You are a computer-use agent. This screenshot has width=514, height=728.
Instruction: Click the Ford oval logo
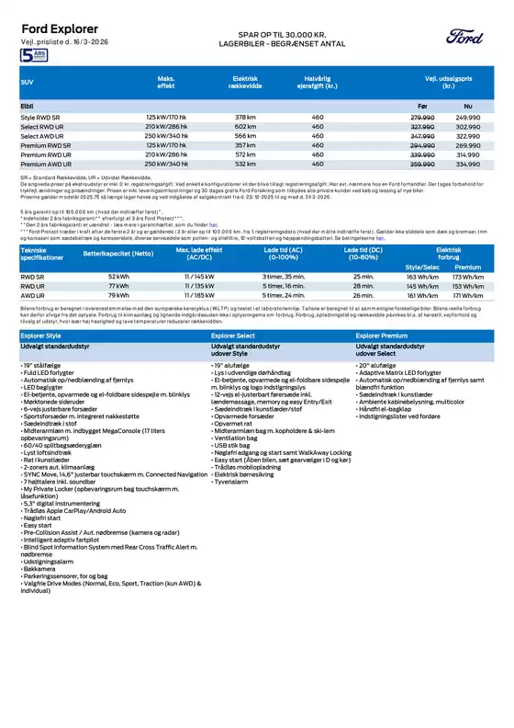[463, 36]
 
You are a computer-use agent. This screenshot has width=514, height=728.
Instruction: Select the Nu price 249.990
[468, 118]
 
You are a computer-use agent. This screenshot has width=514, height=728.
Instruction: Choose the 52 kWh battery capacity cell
[118, 276]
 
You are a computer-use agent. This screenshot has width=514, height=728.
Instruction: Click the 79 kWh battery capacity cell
[118, 296]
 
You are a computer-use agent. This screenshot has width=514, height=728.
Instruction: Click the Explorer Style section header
[42, 336]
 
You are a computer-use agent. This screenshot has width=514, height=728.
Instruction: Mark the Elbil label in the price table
[28, 107]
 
